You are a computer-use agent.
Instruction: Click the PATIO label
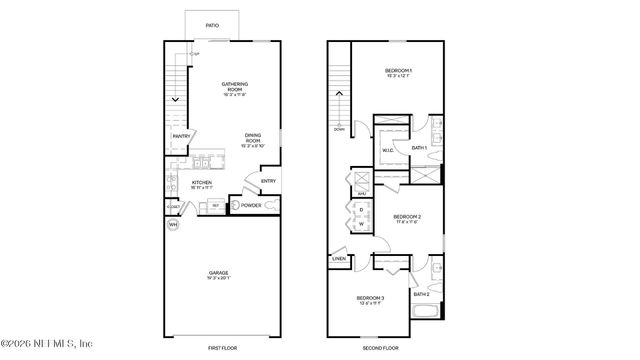[211, 26]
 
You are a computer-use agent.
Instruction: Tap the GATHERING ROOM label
[234, 87]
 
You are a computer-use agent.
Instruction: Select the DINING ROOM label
[253, 140]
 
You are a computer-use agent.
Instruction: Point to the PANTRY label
[181, 136]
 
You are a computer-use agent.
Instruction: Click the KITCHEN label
[201, 184]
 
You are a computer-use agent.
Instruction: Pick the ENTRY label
[267, 181]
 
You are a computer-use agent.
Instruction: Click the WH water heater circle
[172, 224]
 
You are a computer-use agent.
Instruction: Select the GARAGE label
[218, 273]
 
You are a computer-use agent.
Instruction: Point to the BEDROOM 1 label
[399, 72]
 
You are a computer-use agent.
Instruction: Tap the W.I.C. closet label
[387, 151]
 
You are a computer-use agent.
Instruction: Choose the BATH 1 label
[419, 148]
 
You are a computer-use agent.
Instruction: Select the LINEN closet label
[339, 260]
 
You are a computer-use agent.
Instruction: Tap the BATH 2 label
[422, 294]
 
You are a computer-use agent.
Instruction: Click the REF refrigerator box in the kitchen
[215, 206]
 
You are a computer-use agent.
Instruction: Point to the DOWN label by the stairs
[339, 129]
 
